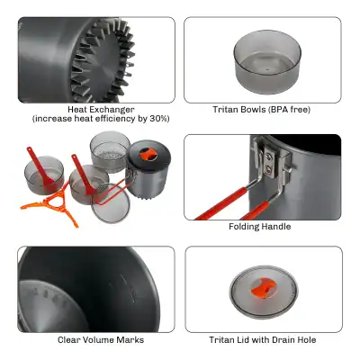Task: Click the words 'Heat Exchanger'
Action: click(101, 109)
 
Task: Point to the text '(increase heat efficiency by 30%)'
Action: click(101, 119)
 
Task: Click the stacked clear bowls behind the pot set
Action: click(110, 149)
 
